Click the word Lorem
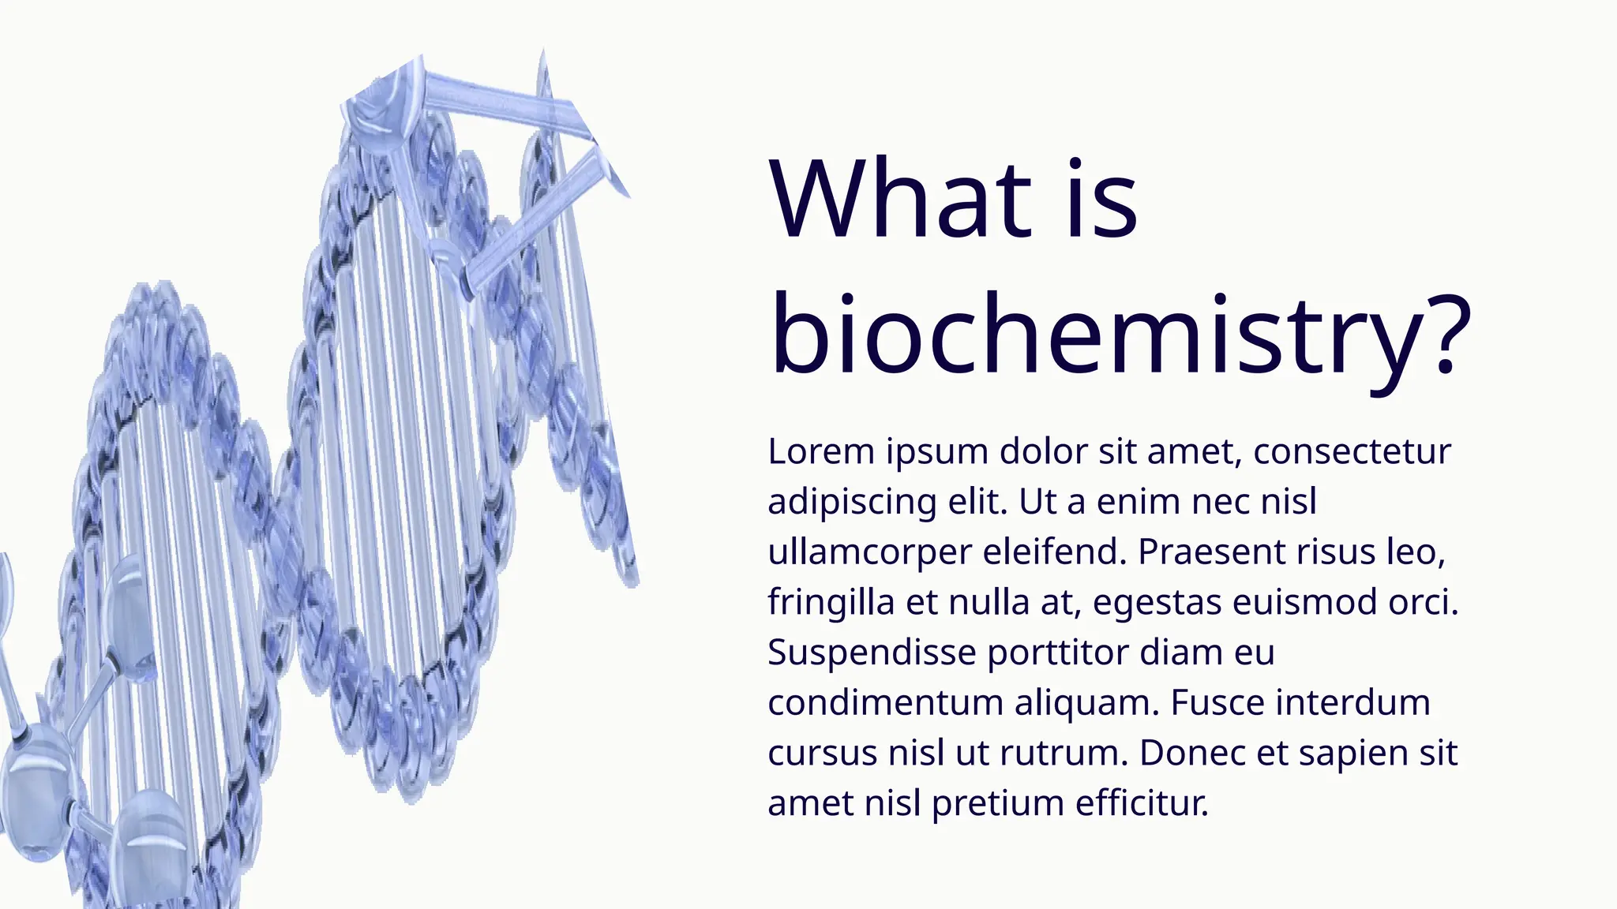[x=821, y=451]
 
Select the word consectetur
[x=1352, y=451]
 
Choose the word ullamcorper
[x=869, y=552]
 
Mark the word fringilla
[x=831, y=603]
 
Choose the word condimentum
[x=885, y=702]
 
